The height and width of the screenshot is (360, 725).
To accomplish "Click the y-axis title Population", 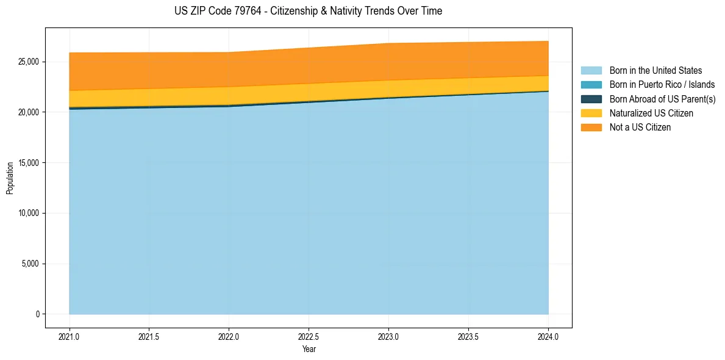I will (x=10, y=178).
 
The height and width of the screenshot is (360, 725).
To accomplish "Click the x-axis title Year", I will (x=309, y=349).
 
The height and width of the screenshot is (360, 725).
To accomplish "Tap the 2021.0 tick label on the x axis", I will (x=69, y=336).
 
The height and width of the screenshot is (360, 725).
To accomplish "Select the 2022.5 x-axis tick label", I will (x=309, y=336).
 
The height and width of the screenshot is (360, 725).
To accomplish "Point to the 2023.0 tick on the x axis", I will (x=388, y=336).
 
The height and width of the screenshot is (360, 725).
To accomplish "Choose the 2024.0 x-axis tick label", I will (x=548, y=336).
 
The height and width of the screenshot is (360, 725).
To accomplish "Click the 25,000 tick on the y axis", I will (x=28, y=62).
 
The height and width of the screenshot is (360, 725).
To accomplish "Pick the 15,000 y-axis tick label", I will (x=28, y=163).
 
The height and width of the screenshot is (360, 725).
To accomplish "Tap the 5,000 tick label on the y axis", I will (x=30, y=264).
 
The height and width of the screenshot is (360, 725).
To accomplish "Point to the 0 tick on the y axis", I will (x=37, y=314).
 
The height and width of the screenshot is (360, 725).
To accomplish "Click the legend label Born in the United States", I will (x=655, y=71).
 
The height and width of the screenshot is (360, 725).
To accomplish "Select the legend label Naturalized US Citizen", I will (x=651, y=113).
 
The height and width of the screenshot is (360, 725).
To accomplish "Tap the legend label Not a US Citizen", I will (x=640, y=127).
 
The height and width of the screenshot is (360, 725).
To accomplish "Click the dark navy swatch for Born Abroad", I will (x=591, y=99).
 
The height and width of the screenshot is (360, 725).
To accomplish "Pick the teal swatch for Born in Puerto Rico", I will (x=591, y=85).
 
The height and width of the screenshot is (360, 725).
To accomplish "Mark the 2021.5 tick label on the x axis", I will (x=149, y=336).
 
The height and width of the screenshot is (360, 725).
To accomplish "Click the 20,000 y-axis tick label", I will (x=28, y=112).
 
